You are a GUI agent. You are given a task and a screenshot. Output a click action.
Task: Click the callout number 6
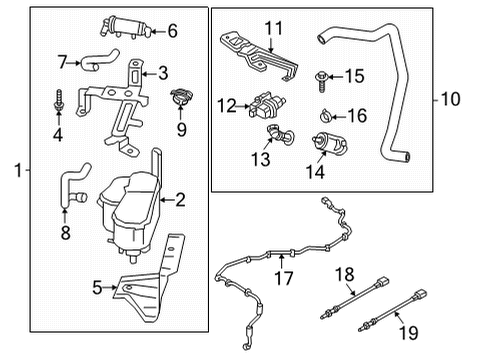click(x=172, y=31)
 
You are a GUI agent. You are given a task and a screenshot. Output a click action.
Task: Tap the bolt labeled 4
click(x=59, y=100)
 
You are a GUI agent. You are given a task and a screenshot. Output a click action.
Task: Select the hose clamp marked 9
click(x=181, y=97)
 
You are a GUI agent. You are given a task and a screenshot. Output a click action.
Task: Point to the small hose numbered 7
click(x=98, y=60)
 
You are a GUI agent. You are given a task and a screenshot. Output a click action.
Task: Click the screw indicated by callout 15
click(x=321, y=81)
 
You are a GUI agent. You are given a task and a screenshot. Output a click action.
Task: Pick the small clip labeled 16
click(x=325, y=115)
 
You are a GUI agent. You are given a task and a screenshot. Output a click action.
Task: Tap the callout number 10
click(x=450, y=99)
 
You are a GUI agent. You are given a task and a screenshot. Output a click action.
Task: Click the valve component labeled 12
click(x=266, y=106)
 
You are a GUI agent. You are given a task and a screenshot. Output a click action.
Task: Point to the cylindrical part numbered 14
click(x=329, y=144)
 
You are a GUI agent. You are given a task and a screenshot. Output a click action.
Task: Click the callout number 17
click(x=284, y=278)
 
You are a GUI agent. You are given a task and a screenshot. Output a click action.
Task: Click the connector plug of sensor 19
click(x=421, y=294)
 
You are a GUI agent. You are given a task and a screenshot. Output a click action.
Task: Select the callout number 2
click(x=180, y=200)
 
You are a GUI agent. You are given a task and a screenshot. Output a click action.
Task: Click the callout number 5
click(x=97, y=287)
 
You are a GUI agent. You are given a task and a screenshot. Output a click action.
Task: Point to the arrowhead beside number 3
click(x=145, y=73)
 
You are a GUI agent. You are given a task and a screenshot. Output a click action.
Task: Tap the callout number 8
click(x=65, y=232)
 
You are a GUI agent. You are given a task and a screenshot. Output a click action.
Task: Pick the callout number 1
click(x=19, y=170)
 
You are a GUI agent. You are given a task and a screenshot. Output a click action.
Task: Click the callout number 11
click(x=274, y=29)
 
